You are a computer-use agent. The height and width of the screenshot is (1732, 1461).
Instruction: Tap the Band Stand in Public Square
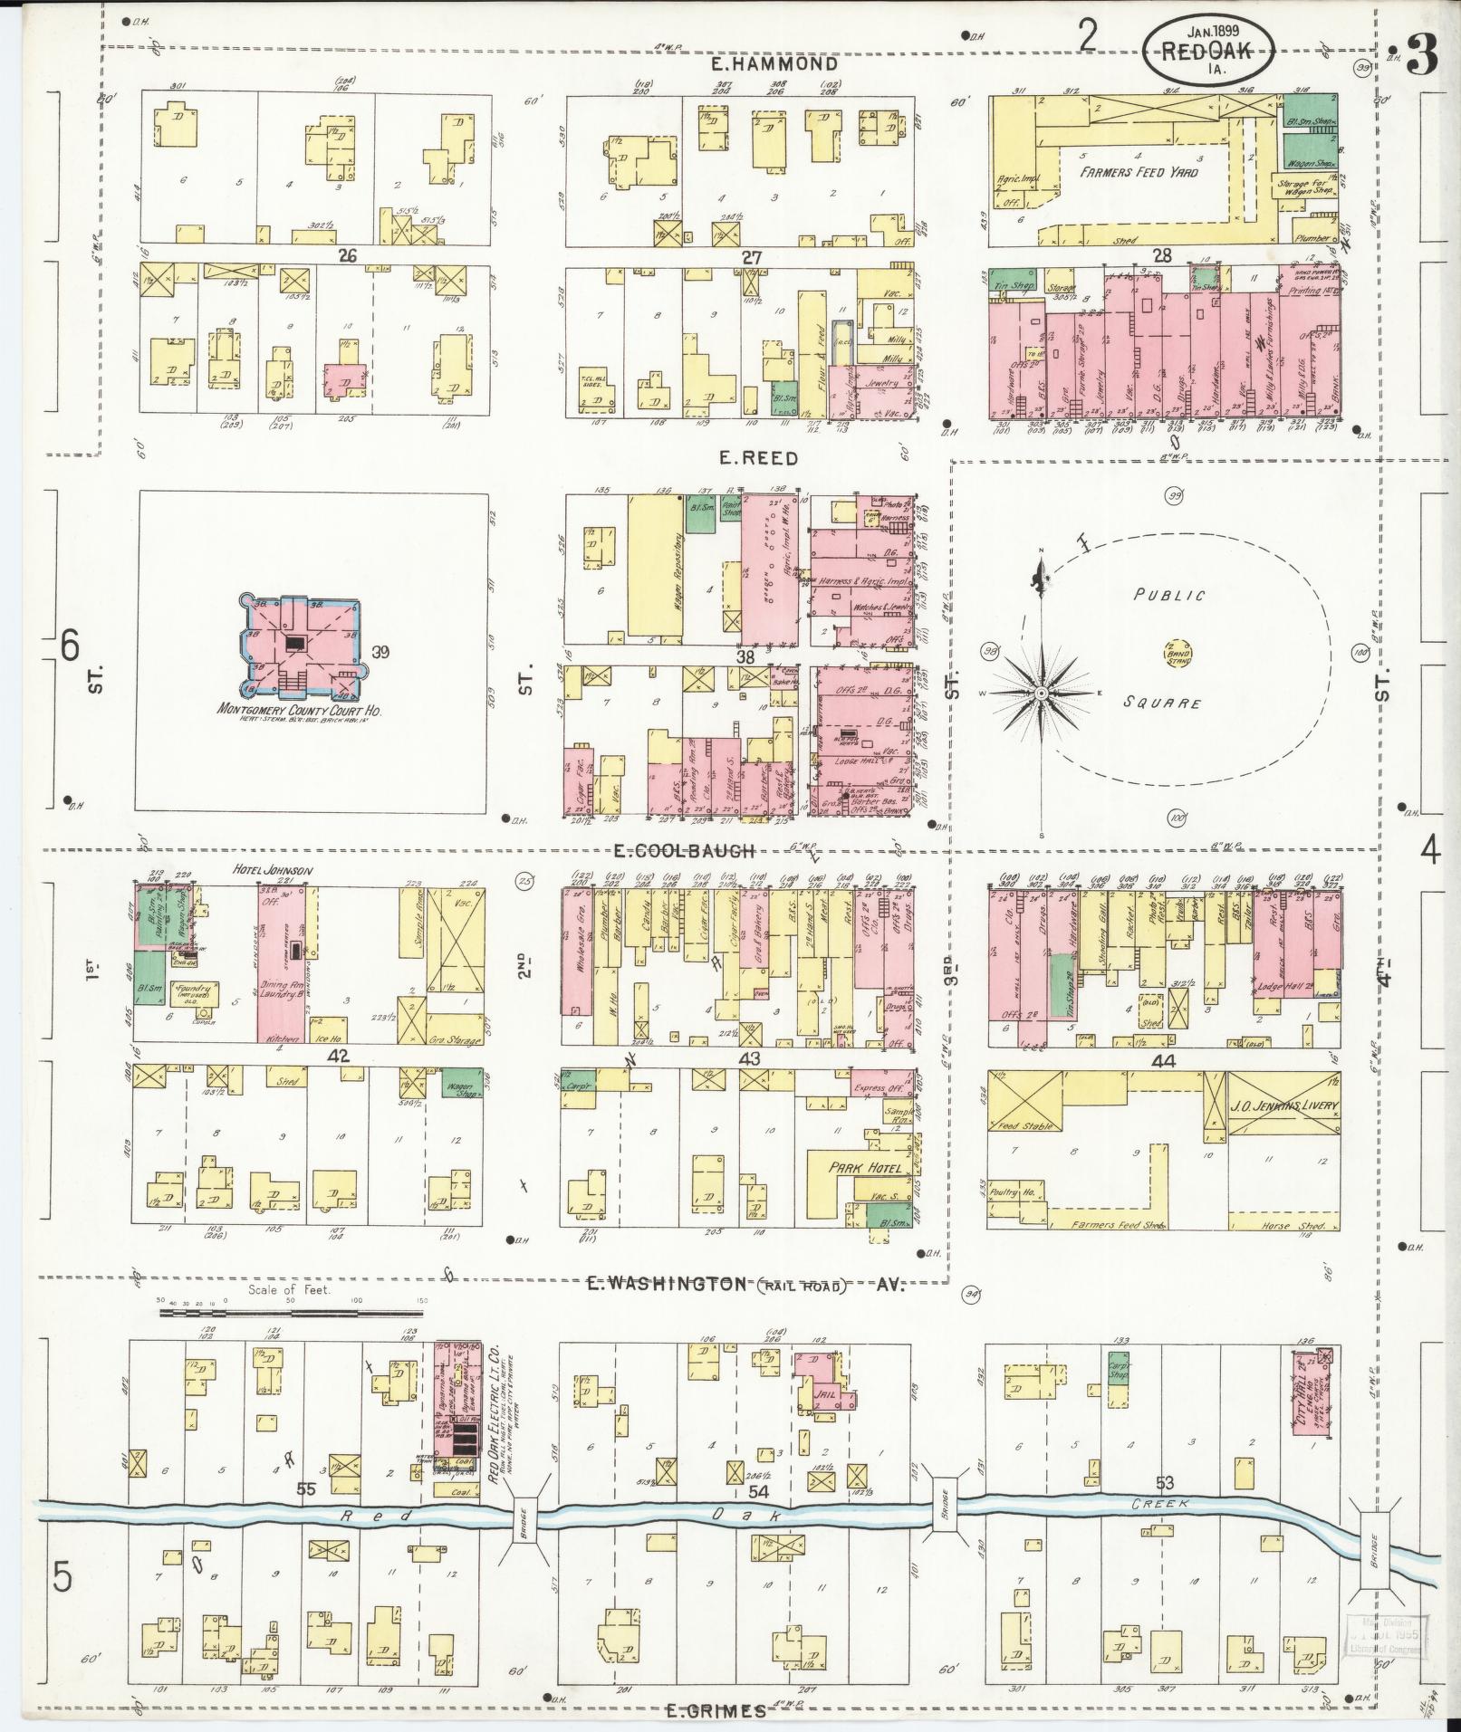[1177, 650]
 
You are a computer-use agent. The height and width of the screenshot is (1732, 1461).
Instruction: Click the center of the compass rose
[1042, 693]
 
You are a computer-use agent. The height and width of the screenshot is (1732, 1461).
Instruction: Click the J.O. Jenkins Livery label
[1282, 1105]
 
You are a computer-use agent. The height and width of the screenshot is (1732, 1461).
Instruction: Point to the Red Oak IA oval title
[1207, 53]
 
